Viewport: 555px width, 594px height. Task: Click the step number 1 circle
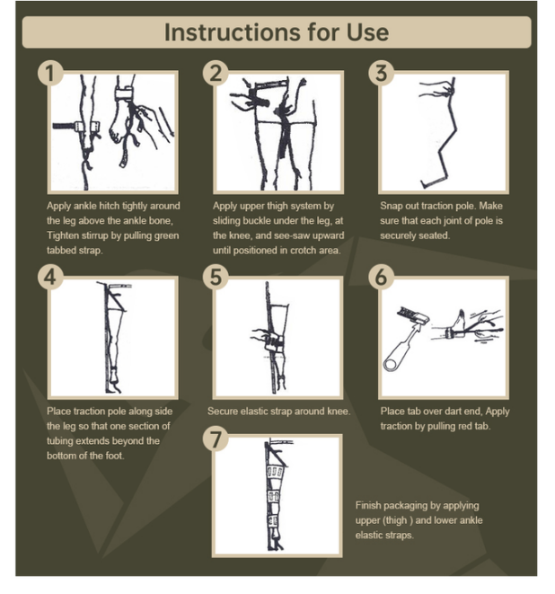(x=50, y=73)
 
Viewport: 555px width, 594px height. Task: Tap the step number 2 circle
(x=216, y=73)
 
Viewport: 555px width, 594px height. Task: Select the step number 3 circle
(x=382, y=73)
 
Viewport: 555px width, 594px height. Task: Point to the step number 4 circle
(x=50, y=277)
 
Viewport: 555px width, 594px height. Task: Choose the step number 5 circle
(x=216, y=277)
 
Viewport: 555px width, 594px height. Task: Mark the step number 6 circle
(x=382, y=277)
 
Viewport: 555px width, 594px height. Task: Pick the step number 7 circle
(x=216, y=439)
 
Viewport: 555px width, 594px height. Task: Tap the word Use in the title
(x=367, y=32)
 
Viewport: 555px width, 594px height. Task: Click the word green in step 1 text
(x=165, y=236)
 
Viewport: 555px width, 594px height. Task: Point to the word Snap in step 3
(x=391, y=206)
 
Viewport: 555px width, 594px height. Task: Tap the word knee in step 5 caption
(x=338, y=412)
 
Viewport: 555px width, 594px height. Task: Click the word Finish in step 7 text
(x=367, y=505)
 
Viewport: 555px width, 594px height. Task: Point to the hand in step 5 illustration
(x=261, y=335)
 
